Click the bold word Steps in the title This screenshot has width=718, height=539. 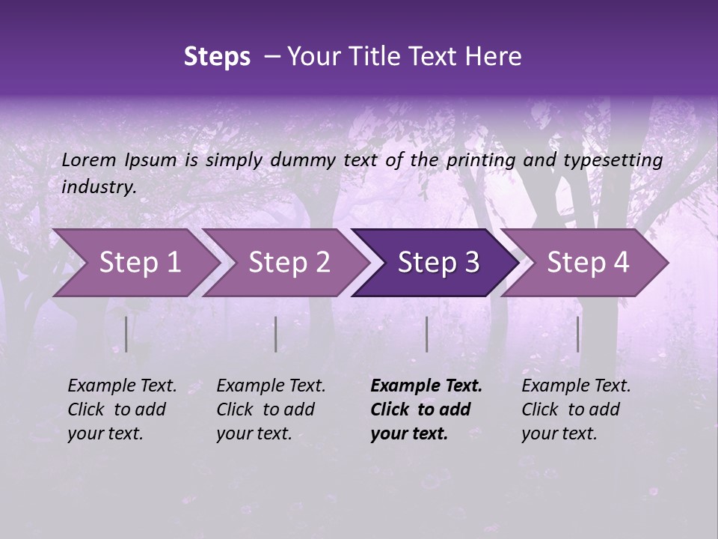click(217, 57)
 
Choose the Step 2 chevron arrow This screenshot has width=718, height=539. click(289, 263)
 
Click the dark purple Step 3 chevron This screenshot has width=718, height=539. click(438, 263)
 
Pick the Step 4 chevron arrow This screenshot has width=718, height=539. click(587, 263)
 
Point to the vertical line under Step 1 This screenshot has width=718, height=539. click(126, 334)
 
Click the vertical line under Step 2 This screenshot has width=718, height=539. click(276, 334)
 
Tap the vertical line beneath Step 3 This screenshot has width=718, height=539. click(427, 334)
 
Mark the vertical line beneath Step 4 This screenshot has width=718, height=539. click(578, 334)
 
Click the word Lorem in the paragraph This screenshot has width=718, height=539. click(89, 160)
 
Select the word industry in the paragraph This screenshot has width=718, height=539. click(99, 187)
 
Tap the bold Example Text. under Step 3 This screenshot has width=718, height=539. click(426, 386)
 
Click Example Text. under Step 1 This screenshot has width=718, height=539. click(122, 386)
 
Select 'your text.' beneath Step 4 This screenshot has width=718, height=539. click(559, 433)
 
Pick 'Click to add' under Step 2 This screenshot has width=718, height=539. click(266, 410)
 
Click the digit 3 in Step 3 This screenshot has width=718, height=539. click(470, 263)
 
